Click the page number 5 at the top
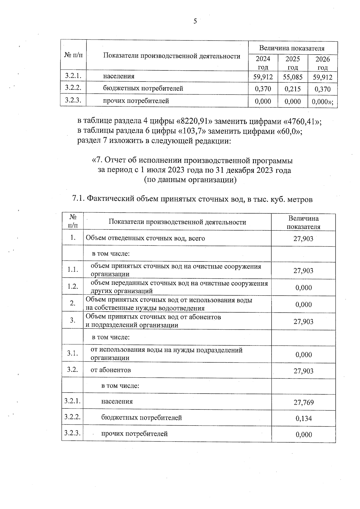point(195,21)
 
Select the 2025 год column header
point(292,63)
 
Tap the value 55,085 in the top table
point(292,77)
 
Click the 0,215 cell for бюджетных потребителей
point(292,89)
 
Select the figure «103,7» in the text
point(192,131)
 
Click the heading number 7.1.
point(79,199)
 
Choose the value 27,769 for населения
point(304,402)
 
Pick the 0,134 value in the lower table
point(304,418)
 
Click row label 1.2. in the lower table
point(73,286)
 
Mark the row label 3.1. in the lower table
point(73,353)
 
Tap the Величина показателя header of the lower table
point(303,222)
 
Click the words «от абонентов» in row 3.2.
point(111,370)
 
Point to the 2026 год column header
point(322,63)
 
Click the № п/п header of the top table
point(73,55)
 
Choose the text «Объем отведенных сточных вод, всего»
point(145,238)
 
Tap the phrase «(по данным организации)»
point(190,180)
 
